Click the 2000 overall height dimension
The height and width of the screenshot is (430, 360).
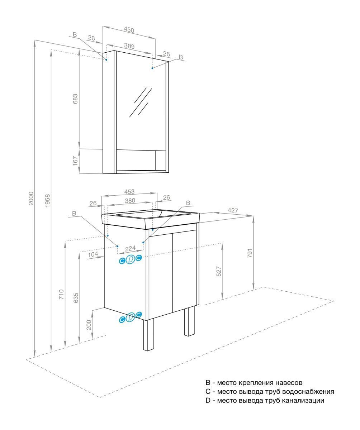click(31, 198)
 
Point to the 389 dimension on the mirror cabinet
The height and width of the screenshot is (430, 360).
click(129, 46)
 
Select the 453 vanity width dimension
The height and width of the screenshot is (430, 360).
click(129, 192)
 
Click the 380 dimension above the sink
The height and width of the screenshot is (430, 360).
click(130, 201)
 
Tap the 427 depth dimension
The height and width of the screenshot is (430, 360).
click(233, 211)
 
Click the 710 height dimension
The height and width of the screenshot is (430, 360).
click(62, 295)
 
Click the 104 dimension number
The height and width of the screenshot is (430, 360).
click(93, 254)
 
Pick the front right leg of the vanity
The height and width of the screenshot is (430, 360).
click(189, 321)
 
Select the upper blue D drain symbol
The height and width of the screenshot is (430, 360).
click(131, 259)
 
